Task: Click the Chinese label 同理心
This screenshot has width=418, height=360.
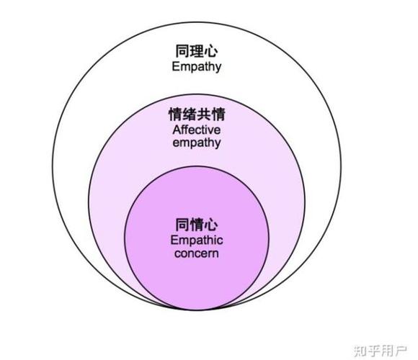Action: tap(197, 51)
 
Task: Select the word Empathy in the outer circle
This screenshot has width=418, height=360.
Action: tap(197, 66)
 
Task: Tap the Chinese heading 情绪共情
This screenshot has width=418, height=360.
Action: tap(197, 114)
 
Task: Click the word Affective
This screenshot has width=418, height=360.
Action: tap(197, 130)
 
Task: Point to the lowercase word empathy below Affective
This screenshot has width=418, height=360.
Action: tap(197, 143)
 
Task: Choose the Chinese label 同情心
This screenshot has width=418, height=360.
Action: tap(197, 225)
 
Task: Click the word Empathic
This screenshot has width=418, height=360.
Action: tap(197, 240)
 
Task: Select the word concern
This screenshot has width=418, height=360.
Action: tap(197, 253)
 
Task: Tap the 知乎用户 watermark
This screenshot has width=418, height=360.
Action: tap(381, 351)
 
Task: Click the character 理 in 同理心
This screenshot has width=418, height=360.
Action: tap(197, 51)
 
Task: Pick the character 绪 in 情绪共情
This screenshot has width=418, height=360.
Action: tap(190, 114)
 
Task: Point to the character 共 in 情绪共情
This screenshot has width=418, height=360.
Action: tap(204, 114)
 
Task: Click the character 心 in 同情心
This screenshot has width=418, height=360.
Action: tap(211, 225)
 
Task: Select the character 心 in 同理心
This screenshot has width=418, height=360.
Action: tap(211, 51)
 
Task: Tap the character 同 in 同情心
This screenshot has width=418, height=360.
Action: tap(182, 225)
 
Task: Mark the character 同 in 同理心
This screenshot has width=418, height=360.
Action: tap(182, 51)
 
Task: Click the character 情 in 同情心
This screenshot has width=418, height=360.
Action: tap(197, 225)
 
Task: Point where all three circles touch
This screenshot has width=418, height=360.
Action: tap(197, 310)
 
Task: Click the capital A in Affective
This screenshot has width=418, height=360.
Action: tap(177, 130)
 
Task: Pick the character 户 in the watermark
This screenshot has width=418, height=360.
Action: tap(401, 351)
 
